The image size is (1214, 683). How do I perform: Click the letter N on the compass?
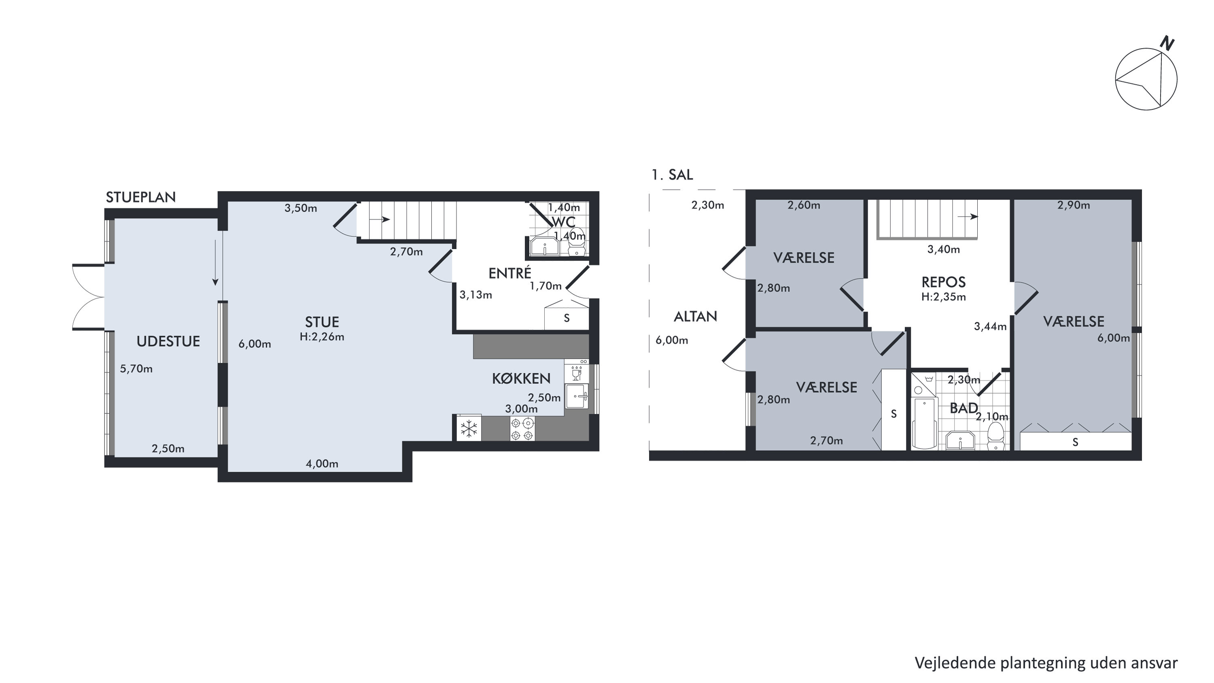pos(1167,43)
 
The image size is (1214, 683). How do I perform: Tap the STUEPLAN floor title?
pos(140,197)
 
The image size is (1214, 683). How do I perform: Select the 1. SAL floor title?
pos(672,175)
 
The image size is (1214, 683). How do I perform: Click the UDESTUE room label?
pos(168,341)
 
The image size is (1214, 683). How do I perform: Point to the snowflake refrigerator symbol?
pos(469,429)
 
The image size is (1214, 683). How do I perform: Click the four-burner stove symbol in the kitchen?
pos(522,429)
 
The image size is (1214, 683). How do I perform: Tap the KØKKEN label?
pos(521,379)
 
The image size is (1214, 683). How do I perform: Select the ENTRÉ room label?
pos(510,273)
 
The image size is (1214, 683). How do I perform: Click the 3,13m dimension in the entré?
pos(476,295)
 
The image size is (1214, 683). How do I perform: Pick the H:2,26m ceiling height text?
pos(322,337)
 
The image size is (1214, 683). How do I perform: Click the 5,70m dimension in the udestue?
pos(136,368)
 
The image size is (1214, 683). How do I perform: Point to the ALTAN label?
pos(696,316)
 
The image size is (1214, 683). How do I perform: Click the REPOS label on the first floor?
pos(944,282)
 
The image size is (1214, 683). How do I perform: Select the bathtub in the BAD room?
pos(925,423)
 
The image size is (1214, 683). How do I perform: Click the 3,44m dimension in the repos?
pos(990,326)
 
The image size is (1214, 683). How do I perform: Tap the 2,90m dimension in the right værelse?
pos(1074,205)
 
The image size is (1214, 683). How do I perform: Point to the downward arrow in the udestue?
pos(215,262)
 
